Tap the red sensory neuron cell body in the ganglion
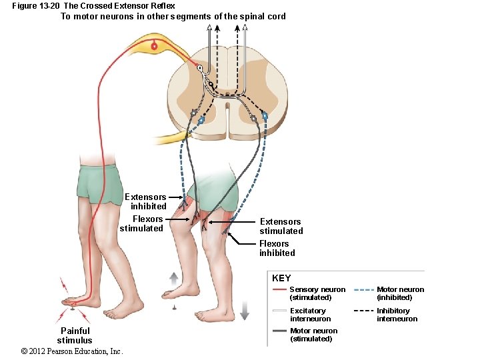pos(154,46)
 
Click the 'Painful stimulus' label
pos(75,335)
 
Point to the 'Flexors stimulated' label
pos(142,223)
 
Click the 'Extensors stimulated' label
pos(281,226)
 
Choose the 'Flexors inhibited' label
pos(277,248)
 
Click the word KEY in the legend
pos(281,278)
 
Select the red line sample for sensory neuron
pos(279,289)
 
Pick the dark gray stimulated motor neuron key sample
pos(279,331)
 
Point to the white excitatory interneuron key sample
pos(279,311)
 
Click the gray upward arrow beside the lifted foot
pos(174,279)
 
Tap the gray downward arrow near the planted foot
pos(245,311)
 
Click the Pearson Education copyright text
pos(72,351)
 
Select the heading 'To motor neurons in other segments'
pos(173,16)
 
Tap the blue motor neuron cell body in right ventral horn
pos(265,115)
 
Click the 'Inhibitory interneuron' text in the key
pos(397,315)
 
